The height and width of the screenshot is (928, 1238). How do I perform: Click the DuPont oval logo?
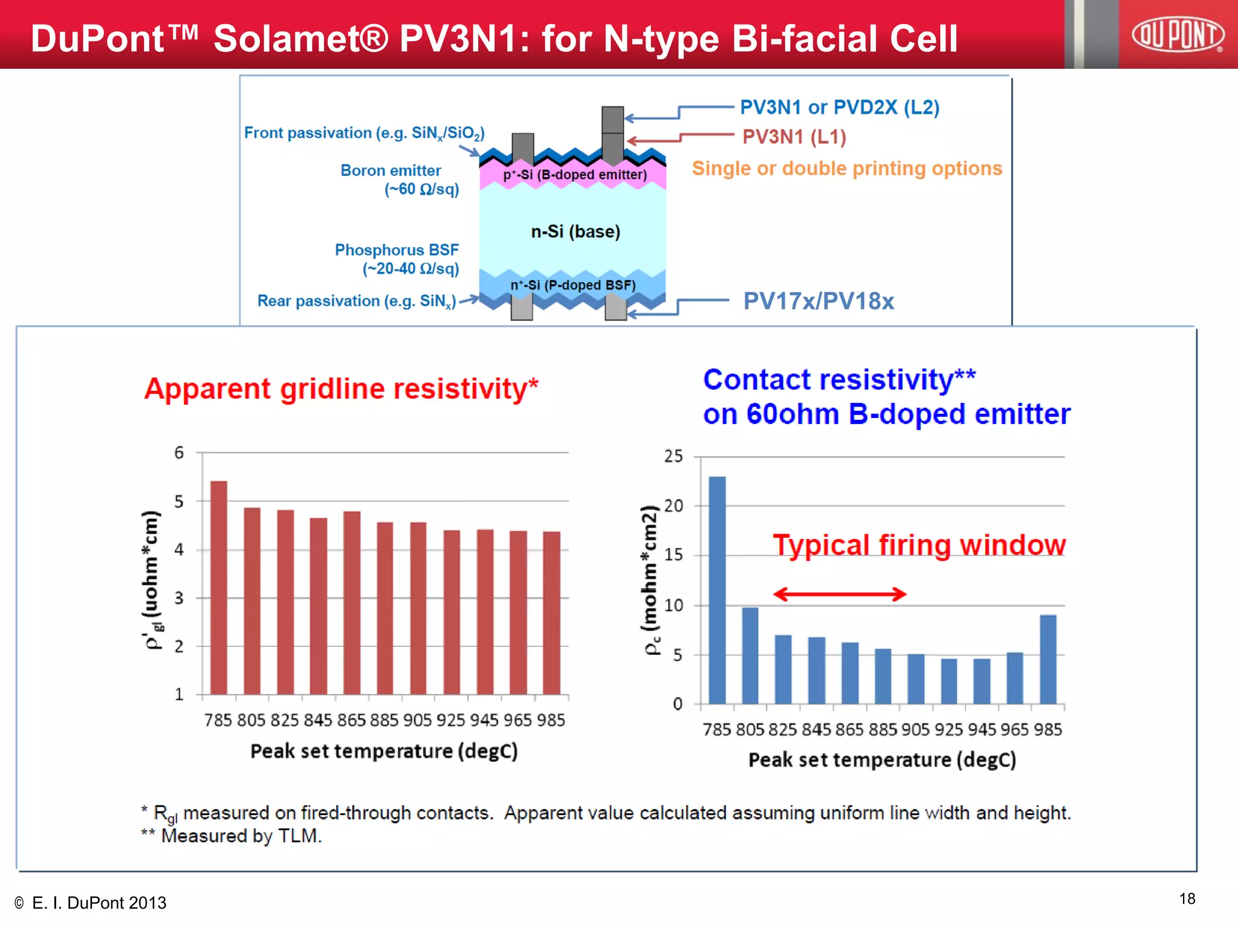[1178, 34]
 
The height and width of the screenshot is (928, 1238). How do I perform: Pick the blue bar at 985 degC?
[1048, 659]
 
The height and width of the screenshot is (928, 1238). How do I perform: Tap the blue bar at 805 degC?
[750, 656]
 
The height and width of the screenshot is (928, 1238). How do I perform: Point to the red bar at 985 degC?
[551, 613]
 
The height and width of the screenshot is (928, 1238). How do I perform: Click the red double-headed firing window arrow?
[840, 594]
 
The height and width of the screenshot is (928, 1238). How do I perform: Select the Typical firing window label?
[919, 545]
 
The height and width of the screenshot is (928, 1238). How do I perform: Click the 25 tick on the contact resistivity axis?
[673, 456]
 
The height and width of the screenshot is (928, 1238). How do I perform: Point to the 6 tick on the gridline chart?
[179, 453]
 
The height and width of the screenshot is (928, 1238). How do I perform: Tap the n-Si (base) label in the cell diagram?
[575, 232]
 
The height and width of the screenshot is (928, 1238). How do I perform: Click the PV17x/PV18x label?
[818, 301]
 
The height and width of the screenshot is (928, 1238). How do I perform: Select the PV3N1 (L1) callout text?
[794, 137]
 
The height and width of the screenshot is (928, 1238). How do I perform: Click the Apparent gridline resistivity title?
[341, 388]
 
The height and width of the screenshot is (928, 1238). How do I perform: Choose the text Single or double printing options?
[846, 169]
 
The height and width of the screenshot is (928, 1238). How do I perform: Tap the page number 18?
[1187, 899]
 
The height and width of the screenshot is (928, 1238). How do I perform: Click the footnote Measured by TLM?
[241, 836]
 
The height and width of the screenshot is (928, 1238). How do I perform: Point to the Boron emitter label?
[391, 171]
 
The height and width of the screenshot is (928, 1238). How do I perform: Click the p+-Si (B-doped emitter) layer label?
[575, 175]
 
